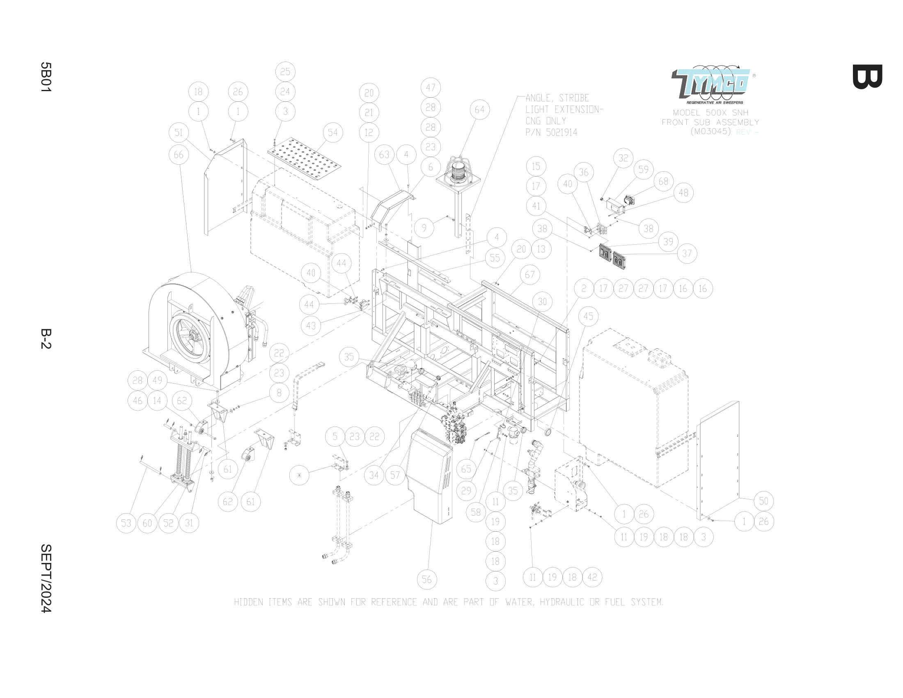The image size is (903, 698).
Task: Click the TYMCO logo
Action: (x=710, y=85)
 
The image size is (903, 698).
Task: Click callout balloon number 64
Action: (x=479, y=110)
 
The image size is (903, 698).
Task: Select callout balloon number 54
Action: (x=332, y=133)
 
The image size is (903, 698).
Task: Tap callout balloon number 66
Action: (x=179, y=155)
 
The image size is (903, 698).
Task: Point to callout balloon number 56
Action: (x=427, y=579)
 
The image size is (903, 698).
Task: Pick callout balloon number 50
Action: (x=763, y=501)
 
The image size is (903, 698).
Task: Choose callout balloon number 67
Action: (x=529, y=275)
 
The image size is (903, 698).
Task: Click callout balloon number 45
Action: (x=588, y=317)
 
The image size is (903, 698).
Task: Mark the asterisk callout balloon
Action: (x=299, y=475)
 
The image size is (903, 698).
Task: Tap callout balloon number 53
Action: (x=126, y=523)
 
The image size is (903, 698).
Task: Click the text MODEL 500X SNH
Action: (x=710, y=113)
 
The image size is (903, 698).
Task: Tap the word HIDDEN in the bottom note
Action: (x=248, y=602)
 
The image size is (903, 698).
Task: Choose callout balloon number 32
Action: (x=623, y=158)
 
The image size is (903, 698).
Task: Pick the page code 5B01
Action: (x=46, y=77)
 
